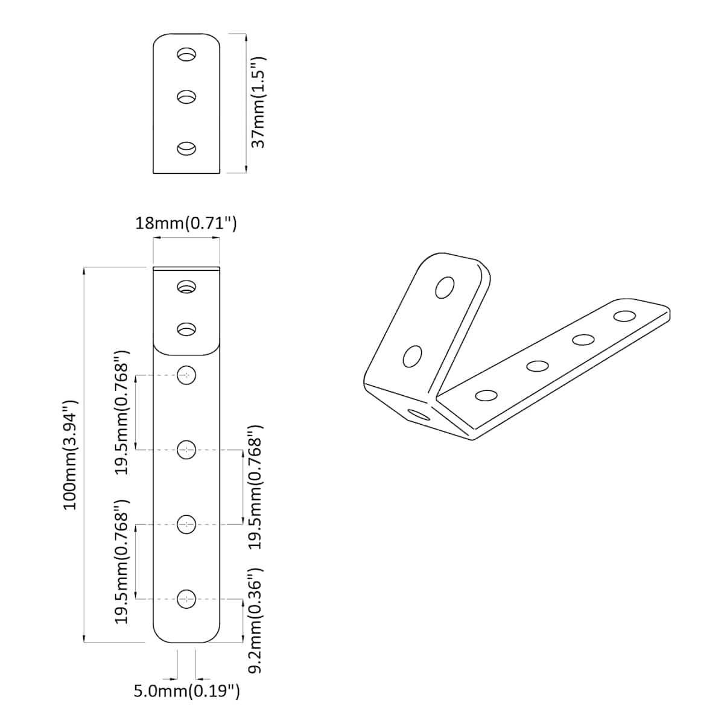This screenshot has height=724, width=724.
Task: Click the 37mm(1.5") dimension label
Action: [259, 103]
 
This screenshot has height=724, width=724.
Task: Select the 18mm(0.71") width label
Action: [186, 223]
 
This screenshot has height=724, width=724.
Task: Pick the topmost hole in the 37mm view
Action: [186, 54]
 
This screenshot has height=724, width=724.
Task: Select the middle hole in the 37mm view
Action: [186, 97]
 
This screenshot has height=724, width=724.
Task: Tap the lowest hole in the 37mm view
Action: [186, 148]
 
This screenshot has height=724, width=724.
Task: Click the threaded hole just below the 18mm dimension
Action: [186, 287]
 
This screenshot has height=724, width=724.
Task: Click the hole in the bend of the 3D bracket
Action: [419, 415]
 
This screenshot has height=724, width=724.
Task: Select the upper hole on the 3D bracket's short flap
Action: [445, 288]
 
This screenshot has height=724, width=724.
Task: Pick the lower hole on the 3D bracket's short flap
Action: [412, 357]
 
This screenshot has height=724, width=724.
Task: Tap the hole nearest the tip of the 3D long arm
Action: [624, 316]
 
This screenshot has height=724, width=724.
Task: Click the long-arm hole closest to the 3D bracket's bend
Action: [486, 395]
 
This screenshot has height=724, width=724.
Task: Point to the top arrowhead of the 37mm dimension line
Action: [246, 37]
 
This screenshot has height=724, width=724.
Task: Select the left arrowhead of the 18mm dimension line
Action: [157, 237]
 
